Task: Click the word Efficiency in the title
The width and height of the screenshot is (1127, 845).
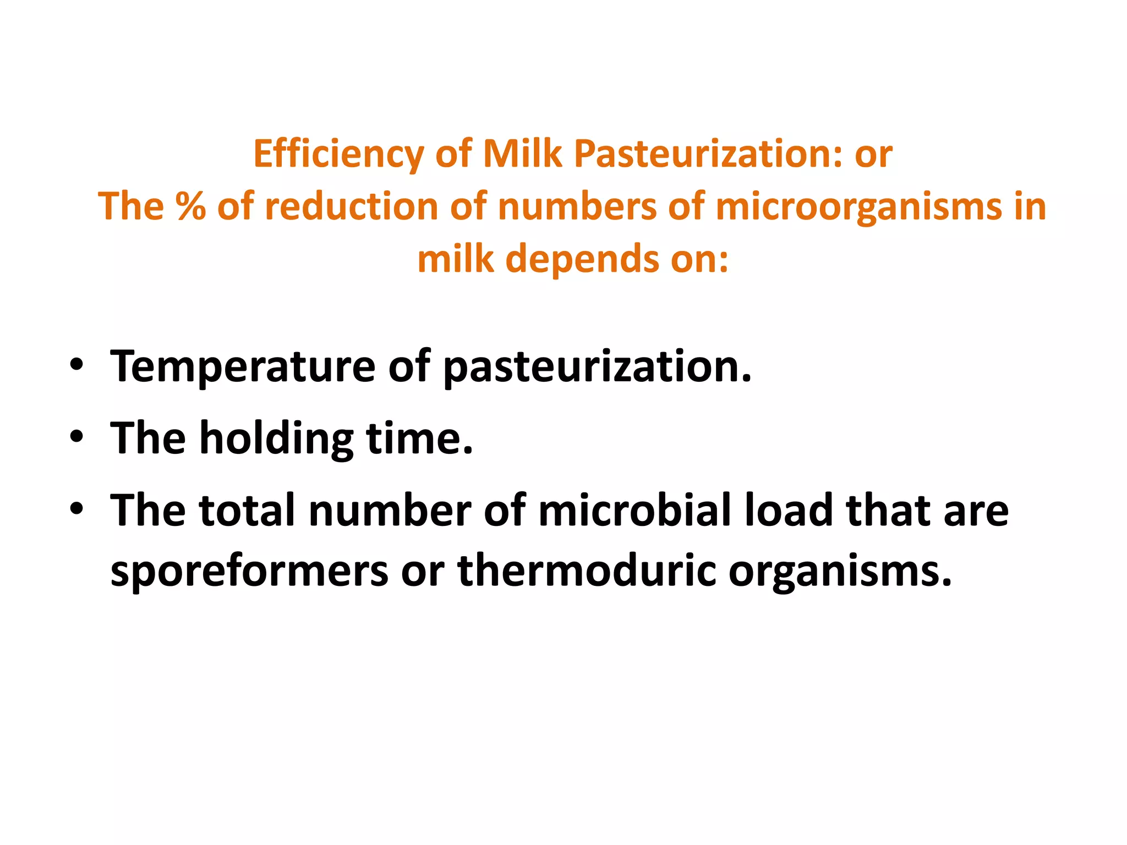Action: tap(338, 155)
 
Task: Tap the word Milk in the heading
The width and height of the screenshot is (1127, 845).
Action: tap(522, 153)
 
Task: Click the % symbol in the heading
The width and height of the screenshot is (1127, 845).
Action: tap(190, 207)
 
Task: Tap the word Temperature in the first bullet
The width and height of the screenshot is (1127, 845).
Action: tap(243, 367)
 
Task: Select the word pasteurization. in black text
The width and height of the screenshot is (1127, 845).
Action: tap(597, 367)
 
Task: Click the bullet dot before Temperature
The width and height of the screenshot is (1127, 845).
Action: tap(76, 365)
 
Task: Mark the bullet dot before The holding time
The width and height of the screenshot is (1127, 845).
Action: tap(76, 437)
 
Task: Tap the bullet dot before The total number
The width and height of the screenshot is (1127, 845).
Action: tap(76, 509)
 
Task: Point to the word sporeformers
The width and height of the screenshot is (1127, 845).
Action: tap(249, 571)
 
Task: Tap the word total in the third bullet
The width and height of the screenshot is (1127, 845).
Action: tap(247, 511)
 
